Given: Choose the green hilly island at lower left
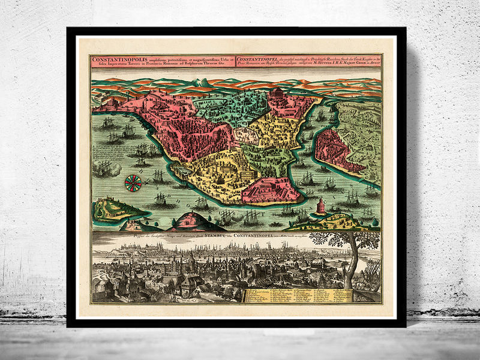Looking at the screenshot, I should point(117,208).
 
